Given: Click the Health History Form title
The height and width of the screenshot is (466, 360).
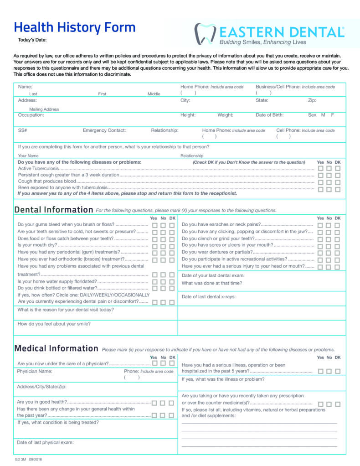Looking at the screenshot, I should click(x=75, y=27).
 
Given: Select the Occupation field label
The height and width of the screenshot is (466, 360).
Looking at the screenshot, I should click(x=31, y=115).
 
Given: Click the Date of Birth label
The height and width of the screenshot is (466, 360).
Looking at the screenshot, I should click(x=269, y=115).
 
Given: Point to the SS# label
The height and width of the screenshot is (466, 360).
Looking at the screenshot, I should click(x=22, y=130).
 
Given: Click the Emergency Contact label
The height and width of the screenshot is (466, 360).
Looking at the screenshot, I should click(x=104, y=130).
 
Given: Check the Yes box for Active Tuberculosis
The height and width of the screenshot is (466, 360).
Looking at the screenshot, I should click(x=321, y=168).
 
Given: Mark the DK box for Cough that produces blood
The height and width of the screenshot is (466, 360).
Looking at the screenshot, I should click(x=338, y=182).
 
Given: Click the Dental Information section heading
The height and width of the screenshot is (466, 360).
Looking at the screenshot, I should click(x=54, y=210).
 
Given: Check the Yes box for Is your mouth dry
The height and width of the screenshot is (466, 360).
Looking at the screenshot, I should click(x=155, y=246).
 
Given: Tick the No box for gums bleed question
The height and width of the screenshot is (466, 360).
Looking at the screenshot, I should click(x=163, y=225).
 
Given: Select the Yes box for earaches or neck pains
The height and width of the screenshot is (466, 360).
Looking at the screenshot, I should click(x=321, y=225).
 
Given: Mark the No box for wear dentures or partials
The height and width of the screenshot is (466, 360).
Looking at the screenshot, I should click(x=329, y=253).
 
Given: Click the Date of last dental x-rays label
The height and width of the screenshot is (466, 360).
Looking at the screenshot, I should click(x=208, y=297).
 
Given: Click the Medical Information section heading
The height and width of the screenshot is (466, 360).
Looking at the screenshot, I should click(x=56, y=348).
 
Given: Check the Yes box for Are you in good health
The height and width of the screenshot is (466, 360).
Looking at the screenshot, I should click(x=154, y=403).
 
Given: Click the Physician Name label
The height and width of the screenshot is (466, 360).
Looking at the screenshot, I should click(x=35, y=371).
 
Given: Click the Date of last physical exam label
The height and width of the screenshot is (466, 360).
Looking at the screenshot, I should click(x=45, y=442).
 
